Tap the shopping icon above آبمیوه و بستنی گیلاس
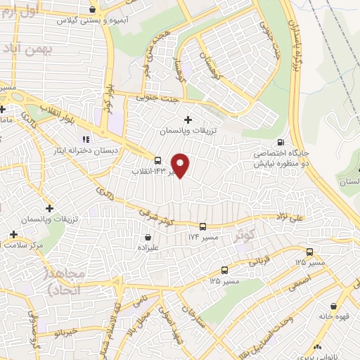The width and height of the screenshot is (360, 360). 94,10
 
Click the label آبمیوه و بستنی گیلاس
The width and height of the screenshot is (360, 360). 91,21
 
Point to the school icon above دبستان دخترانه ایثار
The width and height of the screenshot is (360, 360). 86,139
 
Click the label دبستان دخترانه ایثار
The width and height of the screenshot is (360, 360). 86,150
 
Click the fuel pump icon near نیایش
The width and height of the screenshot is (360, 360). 282,140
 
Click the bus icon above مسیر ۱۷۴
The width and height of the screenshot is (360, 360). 202,226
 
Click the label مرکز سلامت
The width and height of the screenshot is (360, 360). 24,245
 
